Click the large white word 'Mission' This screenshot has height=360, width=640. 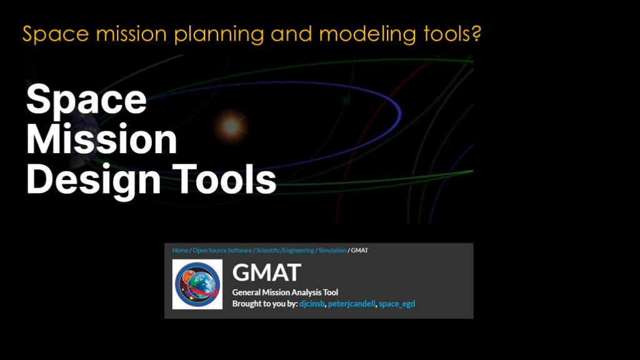[x=102, y=139]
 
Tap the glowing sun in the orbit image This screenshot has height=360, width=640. [x=231, y=126]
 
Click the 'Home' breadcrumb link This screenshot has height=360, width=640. [x=180, y=250]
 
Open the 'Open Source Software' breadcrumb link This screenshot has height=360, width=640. [x=222, y=250]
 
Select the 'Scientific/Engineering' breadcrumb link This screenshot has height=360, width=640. [x=285, y=250]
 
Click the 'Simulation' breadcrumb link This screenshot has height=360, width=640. [x=332, y=250]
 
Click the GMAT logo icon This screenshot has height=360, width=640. [x=197, y=284]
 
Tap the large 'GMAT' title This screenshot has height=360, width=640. [x=266, y=272]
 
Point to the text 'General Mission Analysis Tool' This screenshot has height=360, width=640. [x=285, y=292]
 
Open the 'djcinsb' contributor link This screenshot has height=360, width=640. [x=312, y=304]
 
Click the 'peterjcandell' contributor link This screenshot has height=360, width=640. [x=351, y=304]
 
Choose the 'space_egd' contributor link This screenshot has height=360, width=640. [x=397, y=304]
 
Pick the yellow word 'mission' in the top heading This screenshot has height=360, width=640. [x=131, y=34]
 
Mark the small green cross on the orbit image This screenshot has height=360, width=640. [x=346, y=99]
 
